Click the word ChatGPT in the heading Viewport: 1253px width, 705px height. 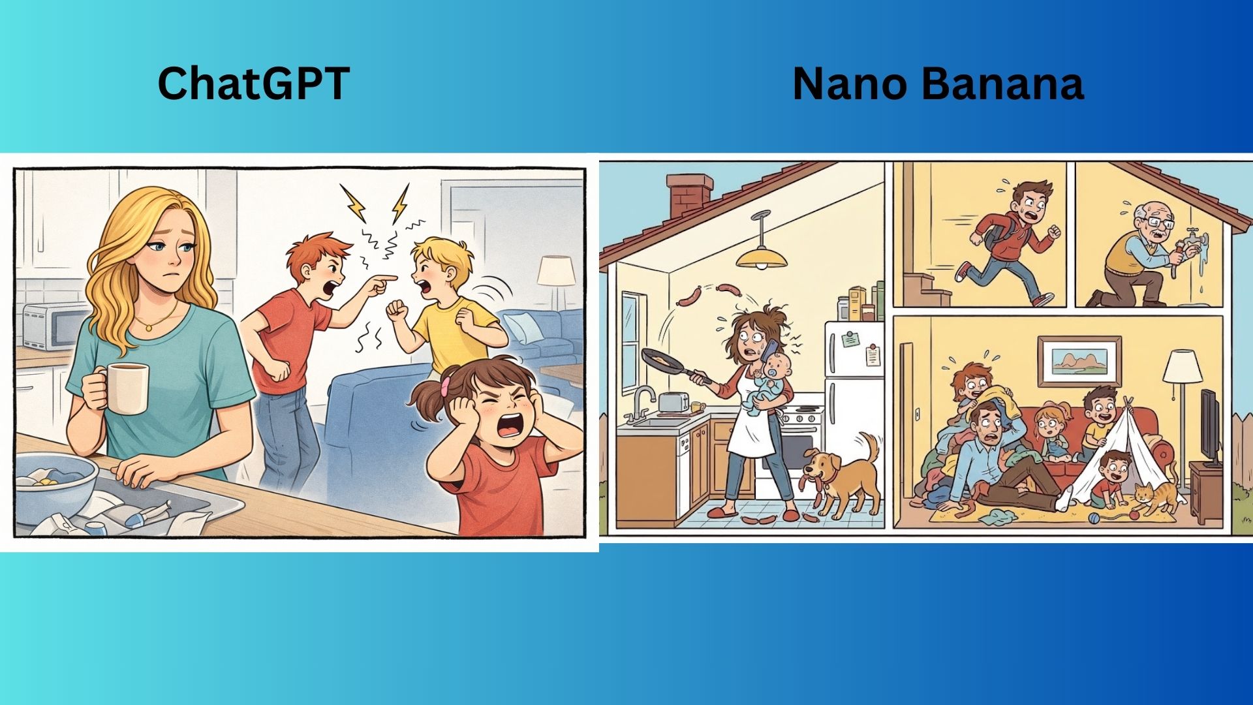(x=254, y=84)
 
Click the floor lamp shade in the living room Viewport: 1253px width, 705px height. (x=1183, y=367)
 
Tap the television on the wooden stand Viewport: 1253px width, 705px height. (x=1211, y=428)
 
